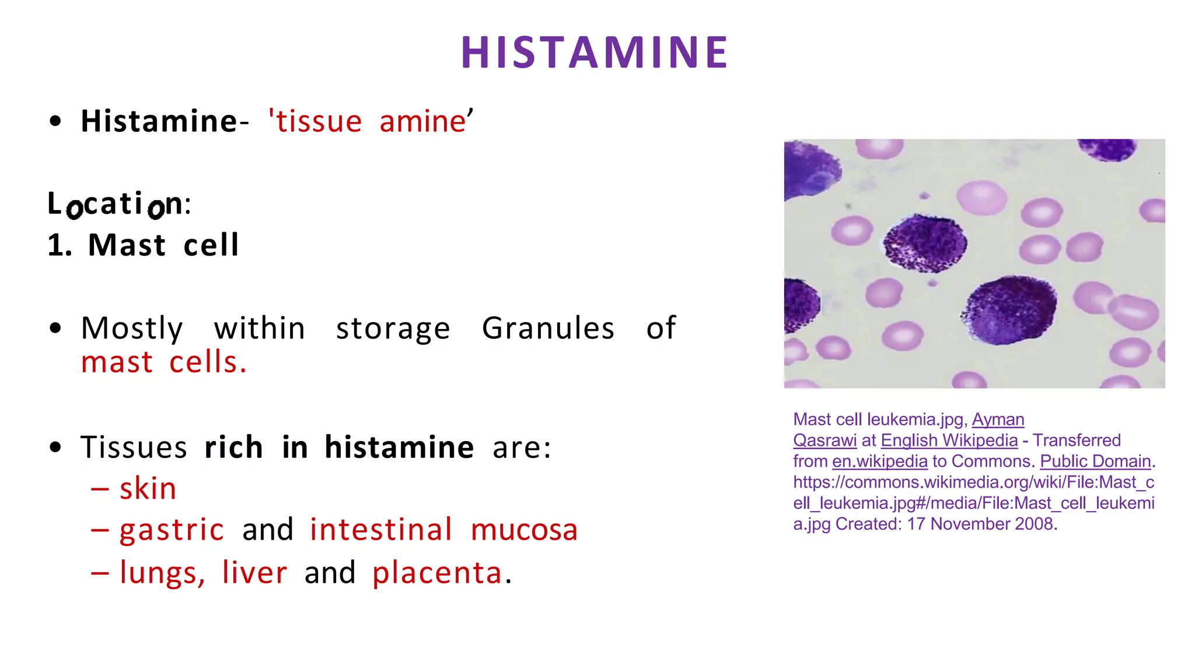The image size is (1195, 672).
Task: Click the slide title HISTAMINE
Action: [x=595, y=52]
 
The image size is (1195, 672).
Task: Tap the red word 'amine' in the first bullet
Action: [x=422, y=121]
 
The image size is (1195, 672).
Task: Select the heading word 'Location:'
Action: [x=119, y=204]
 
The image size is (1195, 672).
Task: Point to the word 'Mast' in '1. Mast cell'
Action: [x=127, y=245]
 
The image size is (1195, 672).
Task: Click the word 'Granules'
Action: [x=548, y=328]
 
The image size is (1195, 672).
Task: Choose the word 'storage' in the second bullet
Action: [x=393, y=328]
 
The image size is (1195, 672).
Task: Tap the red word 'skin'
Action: [x=148, y=488]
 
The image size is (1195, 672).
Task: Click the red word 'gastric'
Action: [x=172, y=530]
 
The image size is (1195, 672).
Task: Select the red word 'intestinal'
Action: [x=380, y=530]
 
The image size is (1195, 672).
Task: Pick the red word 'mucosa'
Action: [x=524, y=530]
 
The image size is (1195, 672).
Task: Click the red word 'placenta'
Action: [x=437, y=573]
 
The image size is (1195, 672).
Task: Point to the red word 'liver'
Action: [x=254, y=572]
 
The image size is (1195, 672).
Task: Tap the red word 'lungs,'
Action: [x=162, y=573]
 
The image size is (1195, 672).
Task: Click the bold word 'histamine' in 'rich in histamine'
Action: [x=399, y=447]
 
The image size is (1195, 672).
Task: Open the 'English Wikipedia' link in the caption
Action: [x=949, y=440]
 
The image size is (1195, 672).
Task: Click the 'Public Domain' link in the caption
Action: [x=1095, y=461]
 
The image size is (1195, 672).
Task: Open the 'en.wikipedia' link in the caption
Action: [x=879, y=461]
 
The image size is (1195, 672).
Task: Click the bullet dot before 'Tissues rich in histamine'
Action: [x=55, y=447]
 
